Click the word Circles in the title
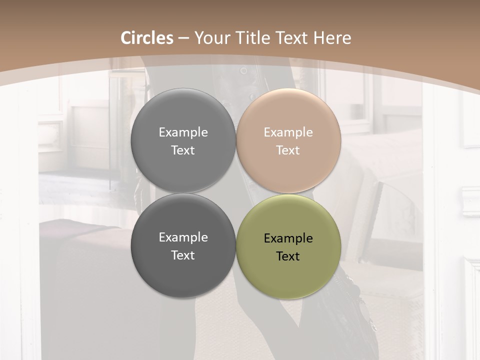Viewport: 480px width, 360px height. [147, 38]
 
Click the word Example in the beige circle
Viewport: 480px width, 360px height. [288, 132]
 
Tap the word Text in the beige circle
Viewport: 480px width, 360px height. [288, 150]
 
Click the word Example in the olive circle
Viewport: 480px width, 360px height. [288, 238]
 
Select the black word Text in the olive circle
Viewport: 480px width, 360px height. [288, 256]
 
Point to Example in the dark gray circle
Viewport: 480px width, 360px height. [183, 237]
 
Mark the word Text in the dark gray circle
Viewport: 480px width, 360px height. [183, 255]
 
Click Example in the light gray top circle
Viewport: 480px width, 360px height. [183, 132]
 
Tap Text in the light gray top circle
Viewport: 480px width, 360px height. [183, 150]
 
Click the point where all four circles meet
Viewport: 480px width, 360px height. [236, 193]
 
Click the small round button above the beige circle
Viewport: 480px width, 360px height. [243, 71]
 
